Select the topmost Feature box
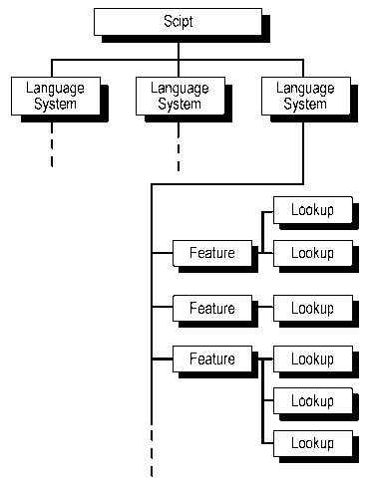click(211, 253)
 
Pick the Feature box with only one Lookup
click(211, 308)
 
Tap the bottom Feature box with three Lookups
click(211, 359)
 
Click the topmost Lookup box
click(311, 210)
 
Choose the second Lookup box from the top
click(311, 253)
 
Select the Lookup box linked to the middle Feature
click(311, 308)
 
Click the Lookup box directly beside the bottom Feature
click(311, 359)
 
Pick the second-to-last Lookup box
click(311, 400)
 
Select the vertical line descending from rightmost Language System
click(302, 149)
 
